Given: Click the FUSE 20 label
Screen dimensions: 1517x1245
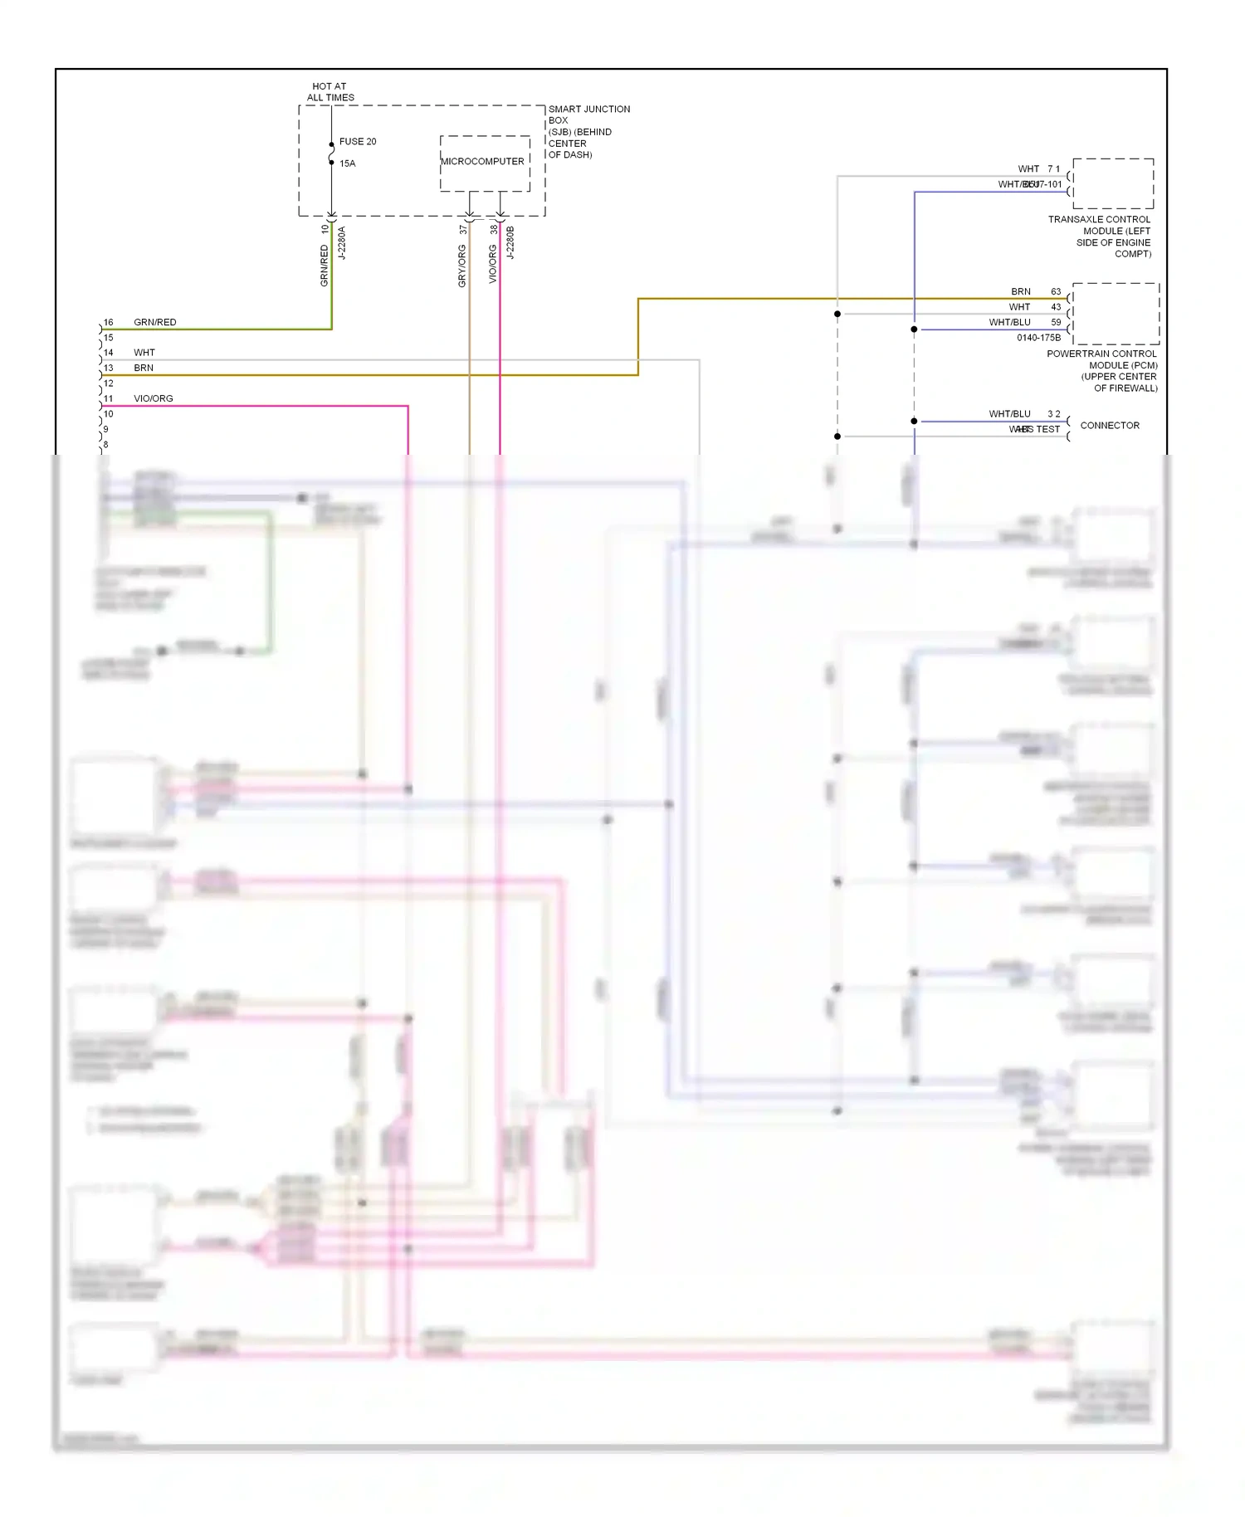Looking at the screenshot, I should point(357,142).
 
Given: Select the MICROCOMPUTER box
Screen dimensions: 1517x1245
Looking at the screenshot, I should point(484,163).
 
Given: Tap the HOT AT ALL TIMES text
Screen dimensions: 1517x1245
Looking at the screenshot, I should point(330,92).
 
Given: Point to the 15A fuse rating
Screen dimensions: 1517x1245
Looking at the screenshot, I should point(347,163).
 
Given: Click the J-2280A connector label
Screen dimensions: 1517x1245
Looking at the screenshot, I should point(341,243).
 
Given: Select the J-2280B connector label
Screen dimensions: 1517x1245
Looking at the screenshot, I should point(510,243).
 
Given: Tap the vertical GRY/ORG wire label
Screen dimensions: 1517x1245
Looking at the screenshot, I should point(462,266).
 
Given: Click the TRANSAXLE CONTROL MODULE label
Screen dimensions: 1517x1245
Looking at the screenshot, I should point(1100,237).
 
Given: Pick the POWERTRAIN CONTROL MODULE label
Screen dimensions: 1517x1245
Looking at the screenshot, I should point(1102,370).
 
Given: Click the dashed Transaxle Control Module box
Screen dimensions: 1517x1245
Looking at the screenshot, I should point(1113,183).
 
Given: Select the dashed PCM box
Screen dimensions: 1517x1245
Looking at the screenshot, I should point(1115,314).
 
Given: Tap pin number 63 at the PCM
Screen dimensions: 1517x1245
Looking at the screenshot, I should point(1056,292).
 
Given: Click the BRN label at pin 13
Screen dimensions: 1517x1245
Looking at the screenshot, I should point(144,368).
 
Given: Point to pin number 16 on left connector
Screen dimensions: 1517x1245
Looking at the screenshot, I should point(109,323).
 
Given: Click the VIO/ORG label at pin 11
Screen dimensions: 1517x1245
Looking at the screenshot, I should point(154,398).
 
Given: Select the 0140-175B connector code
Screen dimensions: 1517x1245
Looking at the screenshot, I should point(1038,338).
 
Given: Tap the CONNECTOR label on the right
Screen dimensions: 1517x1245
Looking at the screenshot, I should point(1109,426).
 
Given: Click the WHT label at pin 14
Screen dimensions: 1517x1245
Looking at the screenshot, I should point(144,353).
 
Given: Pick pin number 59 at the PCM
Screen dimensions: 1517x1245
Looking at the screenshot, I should point(1056,322).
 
